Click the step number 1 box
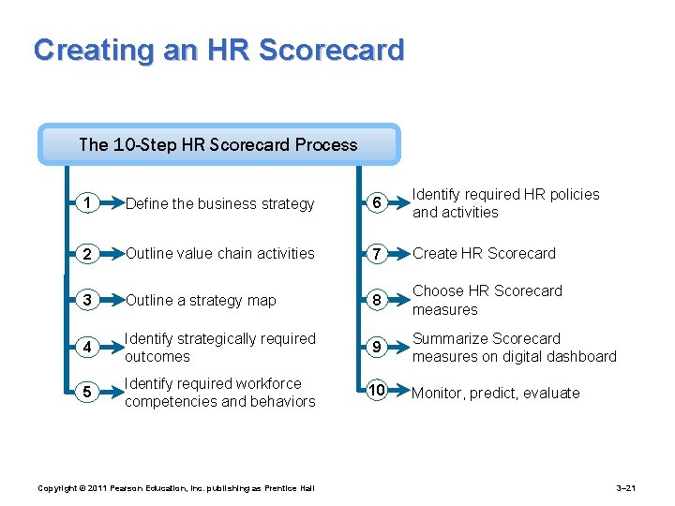coord(87,203)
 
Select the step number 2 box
coord(87,254)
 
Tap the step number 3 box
coord(87,301)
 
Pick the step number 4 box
coord(87,348)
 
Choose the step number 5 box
coord(87,393)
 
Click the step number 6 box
coord(375,203)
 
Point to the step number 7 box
coord(375,254)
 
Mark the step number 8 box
coord(375,301)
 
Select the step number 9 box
coord(375,348)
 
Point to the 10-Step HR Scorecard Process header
coord(218,145)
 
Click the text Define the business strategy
coord(220,204)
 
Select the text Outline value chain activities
coord(220,253)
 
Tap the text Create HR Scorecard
coord(485,254)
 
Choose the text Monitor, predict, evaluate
coord(496,394)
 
